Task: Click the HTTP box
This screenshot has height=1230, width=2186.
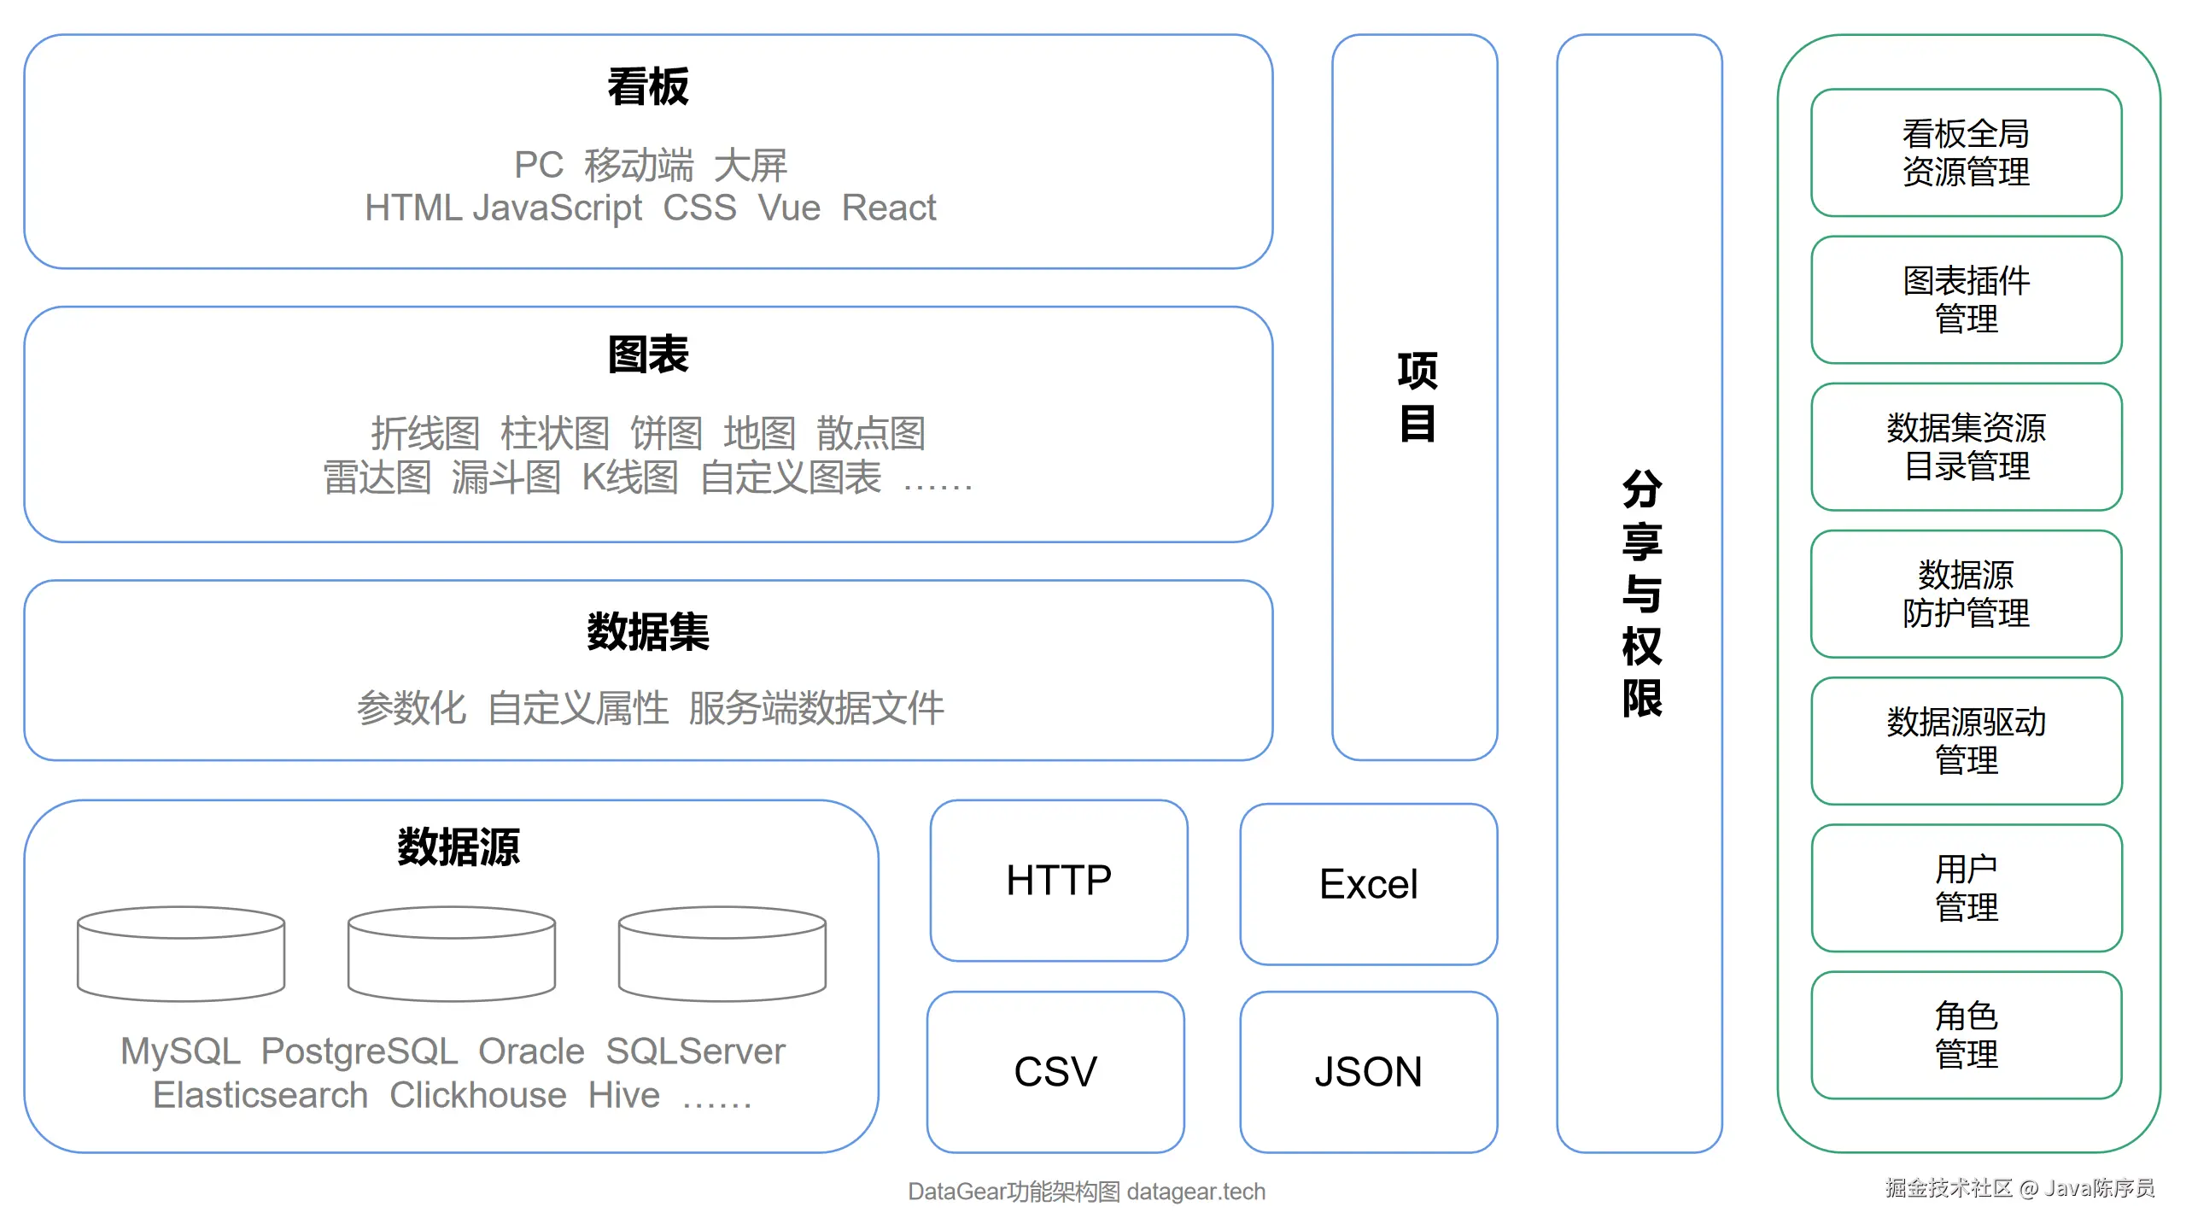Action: [1059, 881]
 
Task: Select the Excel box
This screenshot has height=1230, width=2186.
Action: [1369, 884]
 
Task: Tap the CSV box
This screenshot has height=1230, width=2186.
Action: [1055, 1072]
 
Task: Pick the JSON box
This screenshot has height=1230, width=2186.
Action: [1369, 1072]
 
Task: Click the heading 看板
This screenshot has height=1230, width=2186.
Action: [648, 87]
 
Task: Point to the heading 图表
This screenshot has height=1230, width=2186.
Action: [648, 354]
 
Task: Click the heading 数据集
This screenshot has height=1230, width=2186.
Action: [648, 632]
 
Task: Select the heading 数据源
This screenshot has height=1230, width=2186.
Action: [459, 847]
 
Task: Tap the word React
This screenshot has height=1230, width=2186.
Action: [889, 208]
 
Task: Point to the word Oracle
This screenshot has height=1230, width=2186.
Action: [531, 1051]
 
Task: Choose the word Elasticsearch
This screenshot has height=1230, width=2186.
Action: [260, 1095]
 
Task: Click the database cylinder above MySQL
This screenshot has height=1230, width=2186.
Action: [181, 954]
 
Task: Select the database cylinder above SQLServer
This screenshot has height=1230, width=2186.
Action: [722, 954]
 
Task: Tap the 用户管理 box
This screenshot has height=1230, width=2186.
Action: [1967, 888]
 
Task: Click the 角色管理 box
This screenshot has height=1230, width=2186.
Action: [1967, 1035]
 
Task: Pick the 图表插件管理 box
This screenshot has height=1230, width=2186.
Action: [1967, 300]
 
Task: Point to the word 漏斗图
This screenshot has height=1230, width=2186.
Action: [506, 477]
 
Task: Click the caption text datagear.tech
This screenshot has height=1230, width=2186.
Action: [1196, 1192]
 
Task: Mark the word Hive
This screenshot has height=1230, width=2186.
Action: [624, 1095]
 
